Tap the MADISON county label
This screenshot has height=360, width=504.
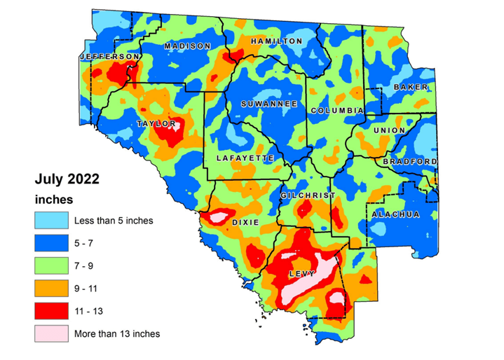187,46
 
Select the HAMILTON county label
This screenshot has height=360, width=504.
276,41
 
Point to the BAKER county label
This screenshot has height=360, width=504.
406,87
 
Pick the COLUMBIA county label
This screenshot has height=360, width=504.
336,111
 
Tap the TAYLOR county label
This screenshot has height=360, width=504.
156,124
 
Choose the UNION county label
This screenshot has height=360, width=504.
390,130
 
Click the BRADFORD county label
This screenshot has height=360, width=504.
410,162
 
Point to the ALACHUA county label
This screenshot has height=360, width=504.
395,214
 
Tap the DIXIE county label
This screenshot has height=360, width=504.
245,222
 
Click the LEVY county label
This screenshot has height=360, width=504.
303,273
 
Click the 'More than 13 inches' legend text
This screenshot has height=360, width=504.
117,333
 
